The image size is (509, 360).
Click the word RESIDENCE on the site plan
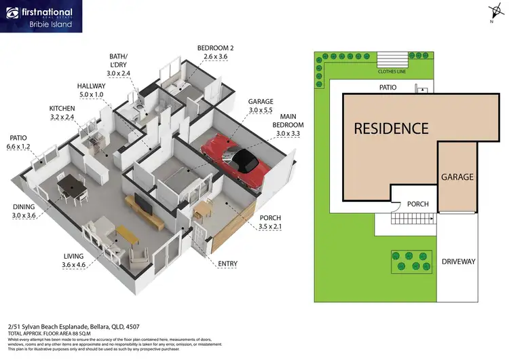click(391, 128)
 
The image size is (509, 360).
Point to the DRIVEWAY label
click(458, 262)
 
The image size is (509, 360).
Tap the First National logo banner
click(41, 16)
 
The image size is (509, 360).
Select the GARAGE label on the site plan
click(457, 177)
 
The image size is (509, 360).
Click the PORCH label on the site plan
click(417, 204)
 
